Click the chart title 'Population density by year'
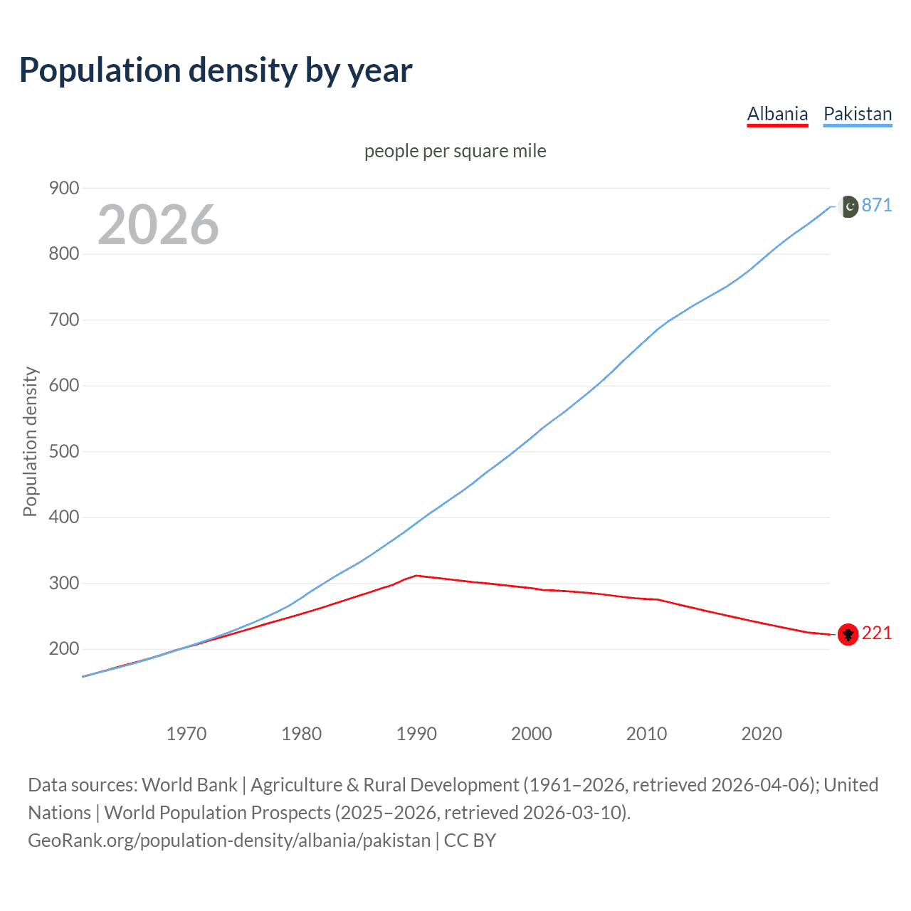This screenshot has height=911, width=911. (x=216, y=70)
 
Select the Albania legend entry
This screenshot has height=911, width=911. (x=777, y=114)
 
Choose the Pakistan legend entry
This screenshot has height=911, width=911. (x=857, y=114)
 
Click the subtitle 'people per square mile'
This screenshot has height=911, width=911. (x=455, y=151)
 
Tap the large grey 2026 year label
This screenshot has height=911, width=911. (x=158, y=225)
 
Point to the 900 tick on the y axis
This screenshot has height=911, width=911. (x=64, y=188)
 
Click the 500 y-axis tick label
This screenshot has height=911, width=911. (x=64, y=451)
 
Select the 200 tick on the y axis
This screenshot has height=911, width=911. (x=64, y=648)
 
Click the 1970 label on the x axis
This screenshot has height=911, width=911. (x=186, y=734)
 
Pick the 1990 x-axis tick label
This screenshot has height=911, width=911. (x=416, y=734)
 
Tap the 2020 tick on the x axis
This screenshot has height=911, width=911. (x=762, y=734)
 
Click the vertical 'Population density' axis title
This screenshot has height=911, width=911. (x=30, y=441)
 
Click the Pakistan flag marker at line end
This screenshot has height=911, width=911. (x=848, y=206)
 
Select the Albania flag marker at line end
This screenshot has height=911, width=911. (x=848, y=634)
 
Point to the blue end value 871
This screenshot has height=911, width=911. (x=877, y=205)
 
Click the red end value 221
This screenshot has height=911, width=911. (x=877, y=633)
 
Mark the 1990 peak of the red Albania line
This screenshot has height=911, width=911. (x=416, y=575)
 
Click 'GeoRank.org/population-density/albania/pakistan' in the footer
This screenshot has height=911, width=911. (x=229, y=840)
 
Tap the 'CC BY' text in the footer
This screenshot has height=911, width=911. (x=470, y=840)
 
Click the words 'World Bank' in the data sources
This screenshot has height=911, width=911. (x=189, y=784)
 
